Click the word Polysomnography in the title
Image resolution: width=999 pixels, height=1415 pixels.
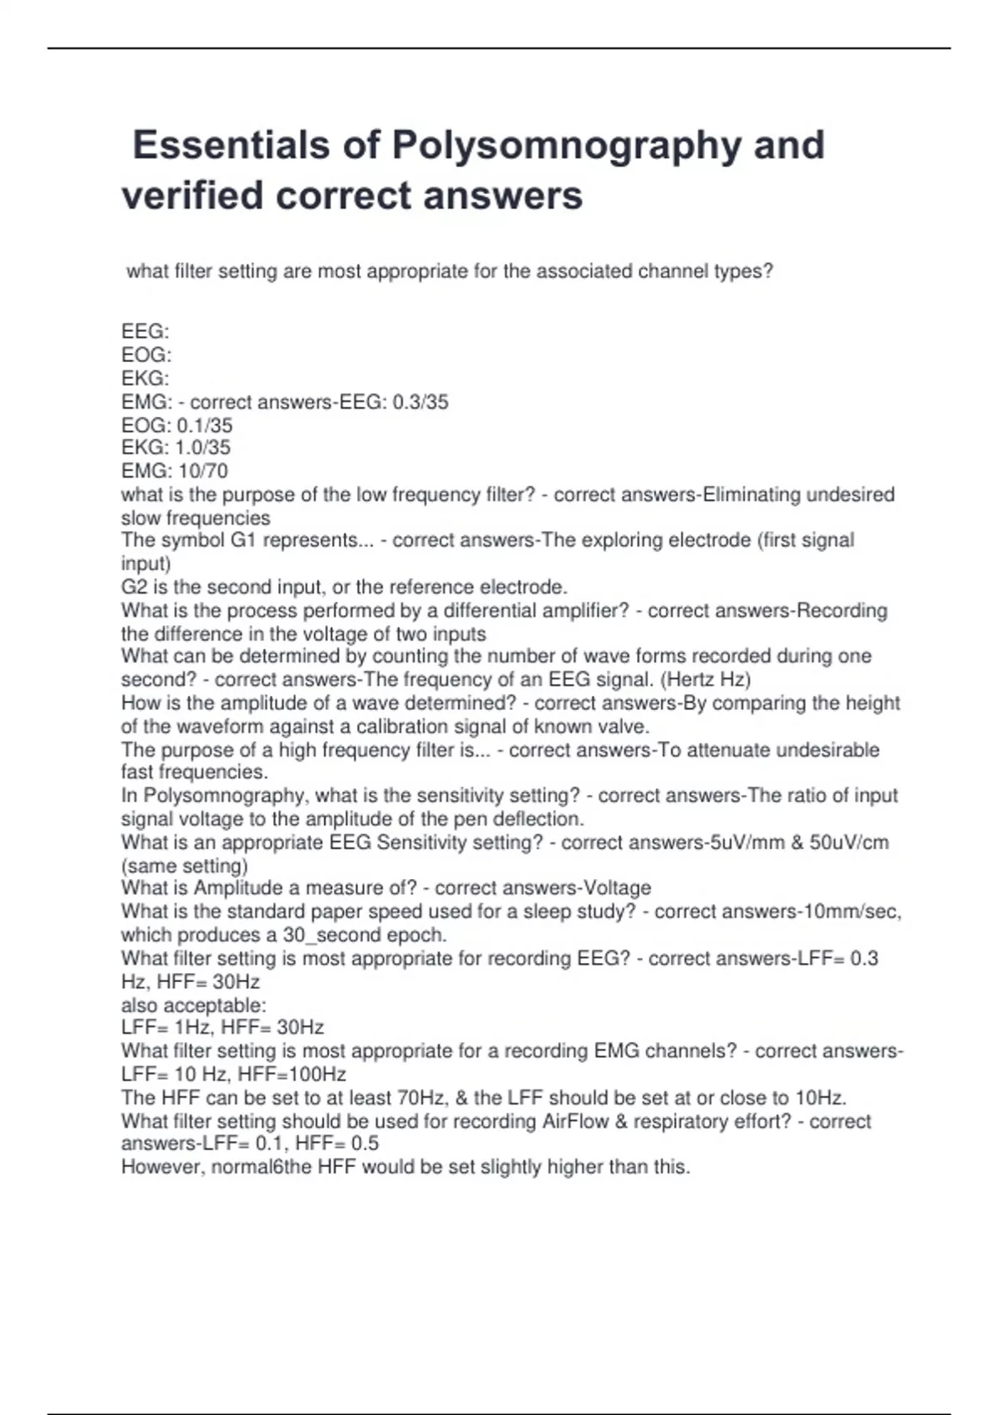click(x=567, y=145)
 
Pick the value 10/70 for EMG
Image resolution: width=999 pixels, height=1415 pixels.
click(x=202, y=471)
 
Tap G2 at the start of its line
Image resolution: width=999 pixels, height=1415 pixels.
click(x=134, y=587)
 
